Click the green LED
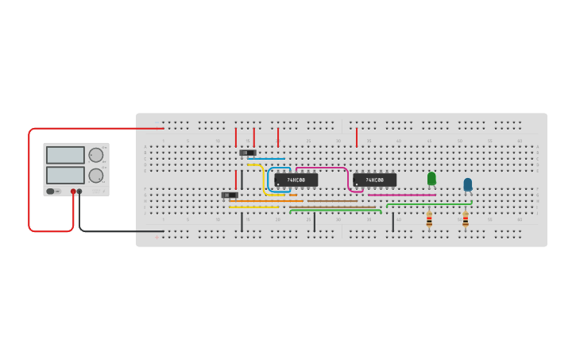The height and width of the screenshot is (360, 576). (x=431, y=179)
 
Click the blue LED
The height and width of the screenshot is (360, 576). (x=468, y=184)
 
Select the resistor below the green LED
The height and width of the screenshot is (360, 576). (x=429, y=219)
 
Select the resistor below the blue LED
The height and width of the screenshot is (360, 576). (x=466, y=219)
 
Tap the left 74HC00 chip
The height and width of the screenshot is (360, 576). (x=296, y=180)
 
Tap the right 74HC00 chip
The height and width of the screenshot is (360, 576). (x=374, y=180)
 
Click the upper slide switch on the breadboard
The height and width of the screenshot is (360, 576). (x=248, y=153)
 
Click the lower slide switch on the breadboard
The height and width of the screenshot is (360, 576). (x=230, y=195)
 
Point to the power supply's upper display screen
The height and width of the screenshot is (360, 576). (x=65, y=155)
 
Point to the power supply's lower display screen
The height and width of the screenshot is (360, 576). (x=65, y=175)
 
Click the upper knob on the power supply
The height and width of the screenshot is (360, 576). (x=95, y=155)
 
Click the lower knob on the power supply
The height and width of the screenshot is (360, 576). (x=95, y=176)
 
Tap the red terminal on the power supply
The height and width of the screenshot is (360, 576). (x=73, y=192)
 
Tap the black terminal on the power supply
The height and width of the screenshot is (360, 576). (x=79, y=192)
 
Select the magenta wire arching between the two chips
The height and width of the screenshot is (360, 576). (x=322, y=168)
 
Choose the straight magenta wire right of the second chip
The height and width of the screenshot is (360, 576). (x=401, y=195)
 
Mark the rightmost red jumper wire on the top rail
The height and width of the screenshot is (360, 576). (x=357, y=137)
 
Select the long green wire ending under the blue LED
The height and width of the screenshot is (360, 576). (x=429, y=204)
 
